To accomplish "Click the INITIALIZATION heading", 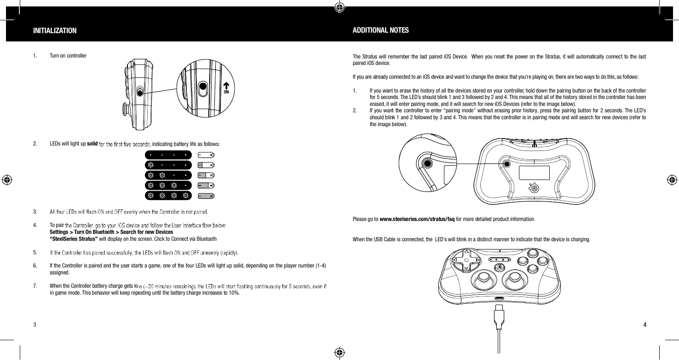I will click(x=55, y=31).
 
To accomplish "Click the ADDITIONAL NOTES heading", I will click(x=380, y=30).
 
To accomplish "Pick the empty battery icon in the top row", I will click(x=206, y=155).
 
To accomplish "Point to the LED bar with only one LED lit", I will click(x=168, y=165).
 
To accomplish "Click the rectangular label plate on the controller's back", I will click(x=534, y=173).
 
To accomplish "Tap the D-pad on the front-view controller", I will click(x=466, y=261).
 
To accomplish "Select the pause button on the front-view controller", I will click(x=499, y=267).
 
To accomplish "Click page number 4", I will click(x=644, y=325).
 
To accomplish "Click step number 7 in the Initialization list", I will click(x=35, y=285).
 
